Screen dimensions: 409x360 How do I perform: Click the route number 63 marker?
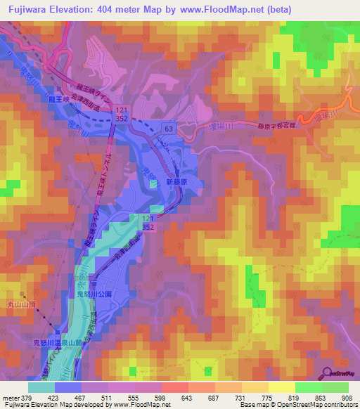[169, 129]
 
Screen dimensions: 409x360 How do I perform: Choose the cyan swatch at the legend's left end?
[41, 387]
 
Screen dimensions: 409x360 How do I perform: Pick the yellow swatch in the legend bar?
[281, 387]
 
